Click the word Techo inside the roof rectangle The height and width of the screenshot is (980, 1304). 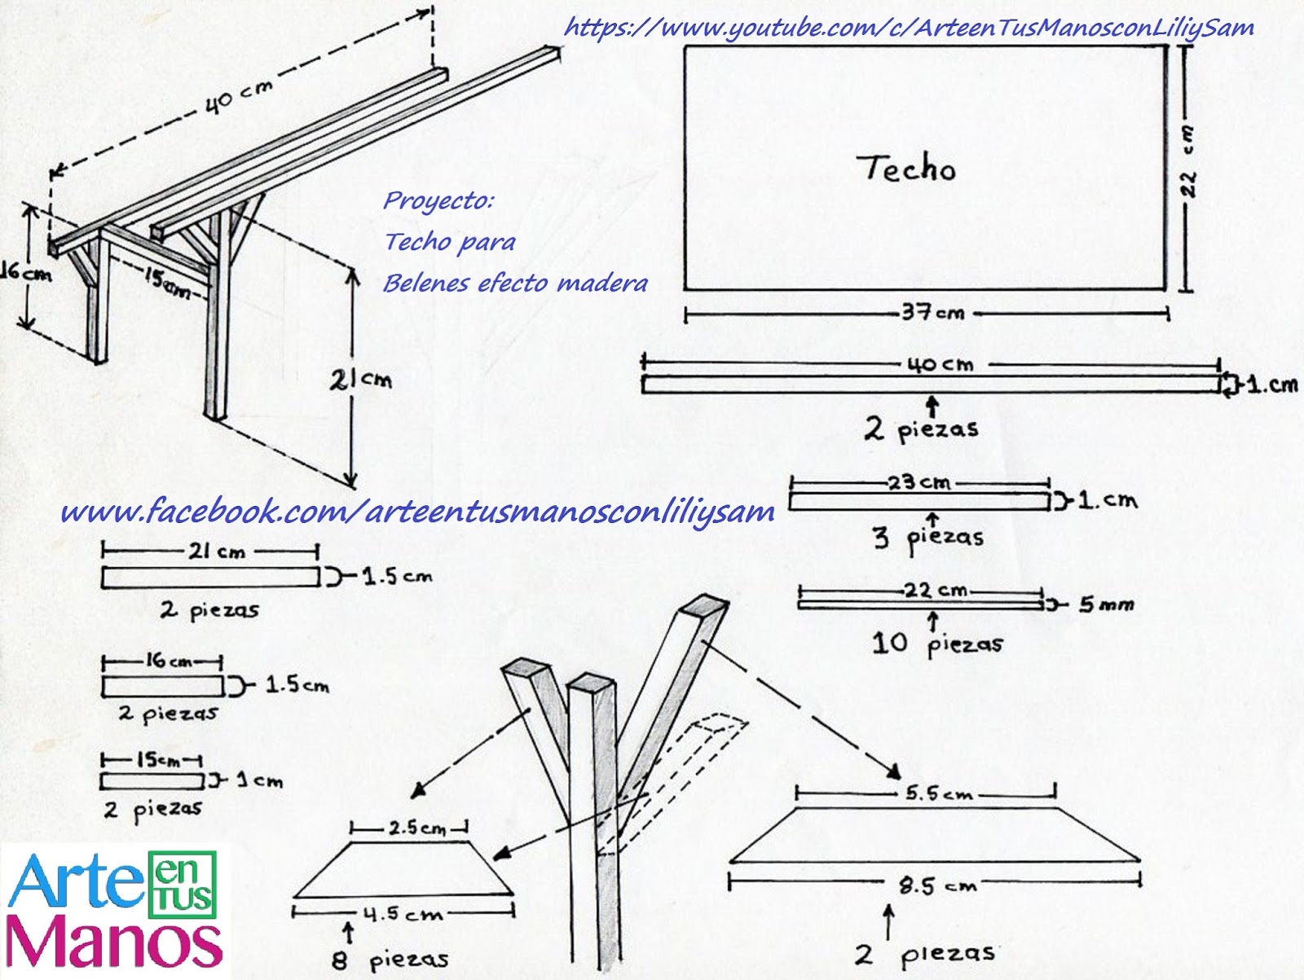click(910, 168)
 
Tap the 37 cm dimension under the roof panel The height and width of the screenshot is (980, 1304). click(933, 312)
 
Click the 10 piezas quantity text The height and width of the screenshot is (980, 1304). click(937, 644)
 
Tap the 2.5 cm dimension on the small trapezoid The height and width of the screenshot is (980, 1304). click(417, 828)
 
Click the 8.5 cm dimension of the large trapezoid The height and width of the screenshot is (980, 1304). click(938, 886)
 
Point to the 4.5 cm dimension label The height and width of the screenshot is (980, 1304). click(403, 914)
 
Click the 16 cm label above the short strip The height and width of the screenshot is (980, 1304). click(168, 661)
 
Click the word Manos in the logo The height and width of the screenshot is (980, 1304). click(113, 942)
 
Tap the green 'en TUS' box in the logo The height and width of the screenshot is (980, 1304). click(182, 884)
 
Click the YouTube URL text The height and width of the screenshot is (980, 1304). click(909, 28)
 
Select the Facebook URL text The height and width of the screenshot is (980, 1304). click(417, 511)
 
